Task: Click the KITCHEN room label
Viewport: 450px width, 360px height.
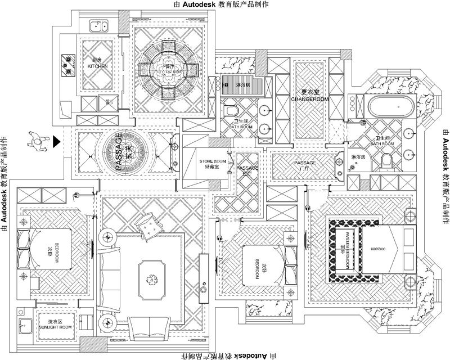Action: point(97,66)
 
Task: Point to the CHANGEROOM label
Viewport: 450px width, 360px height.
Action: point(309,99)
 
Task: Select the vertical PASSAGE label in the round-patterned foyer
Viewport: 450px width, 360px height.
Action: point(119,151)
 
